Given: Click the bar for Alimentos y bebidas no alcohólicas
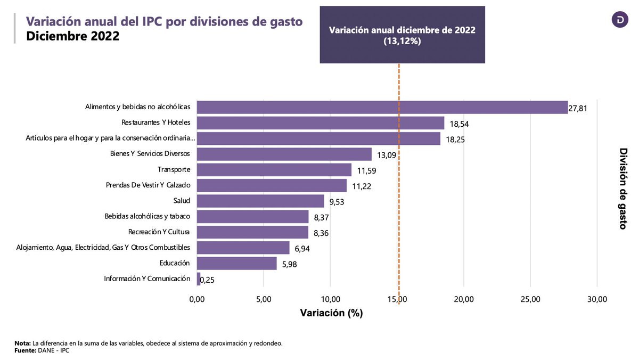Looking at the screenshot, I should pos(382,107).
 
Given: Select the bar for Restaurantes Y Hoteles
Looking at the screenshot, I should pos(321,123).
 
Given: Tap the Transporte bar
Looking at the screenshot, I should pos(274,170).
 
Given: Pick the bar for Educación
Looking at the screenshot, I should pos(237,263).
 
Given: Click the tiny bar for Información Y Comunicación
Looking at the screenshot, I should pos(199,279).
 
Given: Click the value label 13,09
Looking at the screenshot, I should pos(387,156).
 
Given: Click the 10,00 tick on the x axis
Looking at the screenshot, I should pos(330,299).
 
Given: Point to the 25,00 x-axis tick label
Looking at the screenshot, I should pos(530,299).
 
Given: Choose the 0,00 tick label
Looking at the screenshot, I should pos(197,299).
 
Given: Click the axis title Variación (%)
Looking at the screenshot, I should pos(331,313).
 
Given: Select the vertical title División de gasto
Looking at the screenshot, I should pos(624,189).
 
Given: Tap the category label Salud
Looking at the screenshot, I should pos(182,201).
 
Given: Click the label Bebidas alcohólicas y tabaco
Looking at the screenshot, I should pos(148,216).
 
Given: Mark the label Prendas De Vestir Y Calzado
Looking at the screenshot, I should pos(149,185).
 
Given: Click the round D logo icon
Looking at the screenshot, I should pos(620,20).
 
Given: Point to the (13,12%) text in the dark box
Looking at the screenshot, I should pos(402,41).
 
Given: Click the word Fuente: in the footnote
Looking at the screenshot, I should pos(25,350).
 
